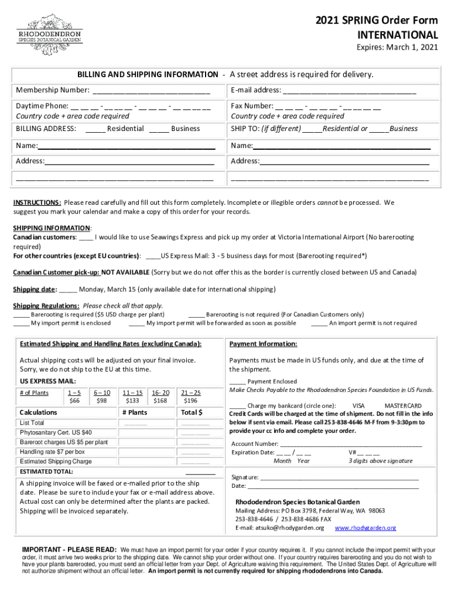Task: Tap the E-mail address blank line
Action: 350,91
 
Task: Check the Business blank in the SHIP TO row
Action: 379,129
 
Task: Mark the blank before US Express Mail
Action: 153,256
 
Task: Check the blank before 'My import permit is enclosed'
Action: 22,323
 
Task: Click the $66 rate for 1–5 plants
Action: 74,401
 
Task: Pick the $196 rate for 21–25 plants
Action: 190,401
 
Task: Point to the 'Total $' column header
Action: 192,412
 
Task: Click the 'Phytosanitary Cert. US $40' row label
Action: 56,432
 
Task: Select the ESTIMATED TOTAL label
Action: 46,471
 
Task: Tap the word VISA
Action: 358,405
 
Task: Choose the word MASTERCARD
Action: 403,405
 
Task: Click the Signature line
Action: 340,477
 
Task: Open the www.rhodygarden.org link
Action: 365,528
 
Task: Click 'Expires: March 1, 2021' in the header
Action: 398,47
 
